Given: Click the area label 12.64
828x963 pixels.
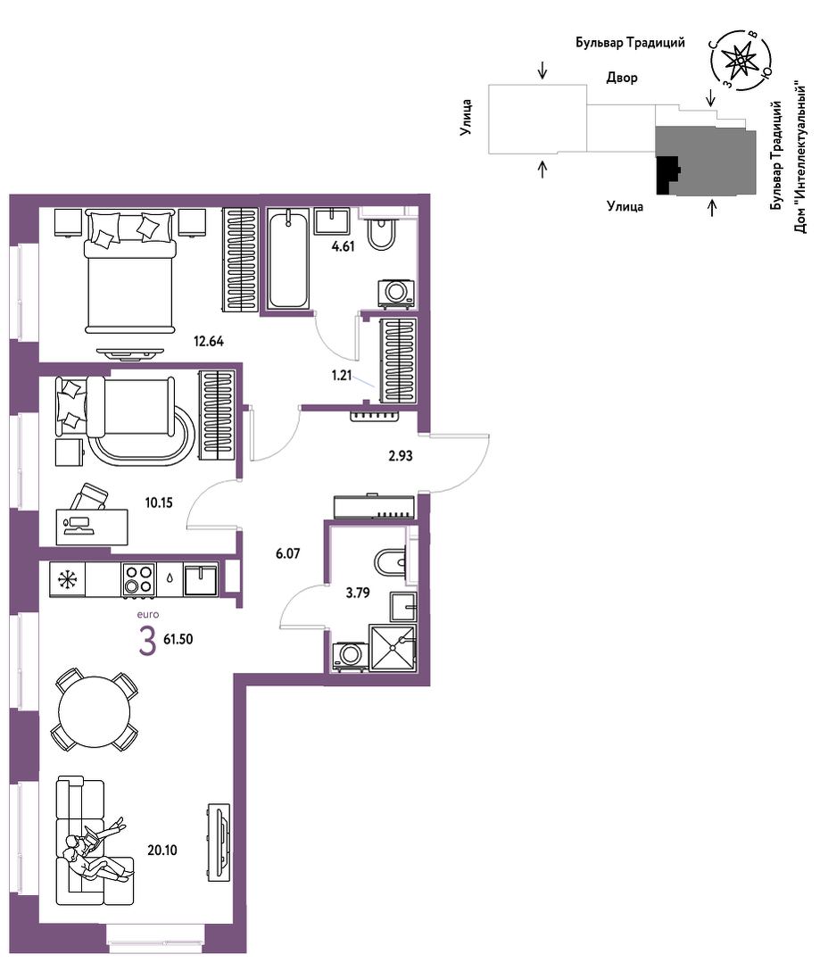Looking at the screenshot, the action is point(209,341).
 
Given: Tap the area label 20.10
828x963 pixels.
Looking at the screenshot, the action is point(162,850).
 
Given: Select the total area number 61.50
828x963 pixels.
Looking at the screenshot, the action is point(178,639).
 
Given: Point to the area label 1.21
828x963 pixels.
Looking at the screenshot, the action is point(341,375).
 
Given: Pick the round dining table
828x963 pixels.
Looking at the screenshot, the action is point(95,712).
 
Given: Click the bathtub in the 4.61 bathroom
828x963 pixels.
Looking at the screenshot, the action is point(288,259).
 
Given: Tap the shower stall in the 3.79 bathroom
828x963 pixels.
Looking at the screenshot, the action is point(393,647).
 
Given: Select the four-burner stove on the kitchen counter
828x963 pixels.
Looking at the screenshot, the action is point(138,580).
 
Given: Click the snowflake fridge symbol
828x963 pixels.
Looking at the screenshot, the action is point(67,580).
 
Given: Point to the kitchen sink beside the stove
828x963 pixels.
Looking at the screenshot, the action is point(201,580).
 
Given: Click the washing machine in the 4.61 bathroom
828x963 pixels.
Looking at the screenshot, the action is point(396,293).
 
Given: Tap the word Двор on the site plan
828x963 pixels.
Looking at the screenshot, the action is point(622,78).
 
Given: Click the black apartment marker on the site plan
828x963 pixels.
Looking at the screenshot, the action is point(667,175).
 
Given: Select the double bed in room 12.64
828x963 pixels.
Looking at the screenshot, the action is point(129,270).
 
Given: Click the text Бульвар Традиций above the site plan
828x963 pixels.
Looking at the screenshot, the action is point(630,43).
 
